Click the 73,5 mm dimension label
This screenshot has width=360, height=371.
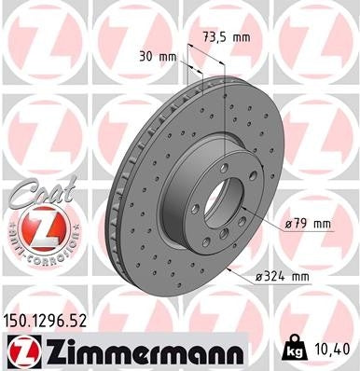pos(226,37)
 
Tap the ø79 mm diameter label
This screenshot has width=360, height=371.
pos(309,225)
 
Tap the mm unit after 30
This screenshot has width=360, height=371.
pos(169,56)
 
